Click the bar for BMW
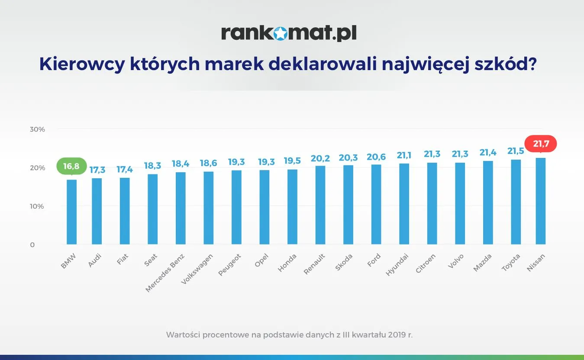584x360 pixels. click(x=71, y=212)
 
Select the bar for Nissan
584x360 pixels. click(x=541, y=201)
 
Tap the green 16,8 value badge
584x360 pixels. click(x=71, y=166)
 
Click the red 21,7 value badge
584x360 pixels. click(x=541, y=144)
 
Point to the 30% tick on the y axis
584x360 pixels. click(x=37, y=129)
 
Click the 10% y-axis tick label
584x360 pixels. click(x=37, y=206)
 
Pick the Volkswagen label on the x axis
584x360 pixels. click(x=198, y=268)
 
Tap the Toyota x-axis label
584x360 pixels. click(x=511, y=262)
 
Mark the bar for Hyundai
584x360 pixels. click(x=404, y=204)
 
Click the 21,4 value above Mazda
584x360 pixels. click(x=487, y=153)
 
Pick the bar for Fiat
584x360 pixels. click(x=125, y=211)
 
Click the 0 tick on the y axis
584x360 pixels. click(x=32, y=245)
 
